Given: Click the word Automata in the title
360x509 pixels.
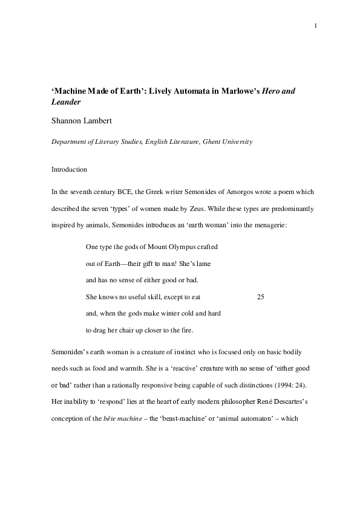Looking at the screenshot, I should coord(202,91).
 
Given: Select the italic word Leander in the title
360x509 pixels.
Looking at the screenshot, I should coord(66,102).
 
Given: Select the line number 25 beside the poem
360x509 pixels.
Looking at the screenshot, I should coord(261,297).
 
